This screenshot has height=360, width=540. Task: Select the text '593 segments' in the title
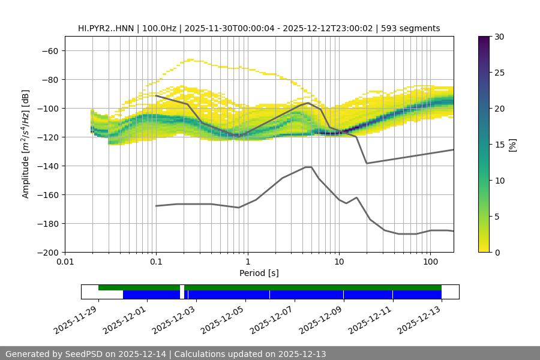415,28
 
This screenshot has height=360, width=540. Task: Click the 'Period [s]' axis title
259,273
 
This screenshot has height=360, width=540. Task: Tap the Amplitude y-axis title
26,144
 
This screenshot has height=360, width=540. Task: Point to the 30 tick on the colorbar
499,37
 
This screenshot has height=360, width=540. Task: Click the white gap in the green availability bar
182,287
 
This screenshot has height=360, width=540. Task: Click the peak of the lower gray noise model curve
308,167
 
